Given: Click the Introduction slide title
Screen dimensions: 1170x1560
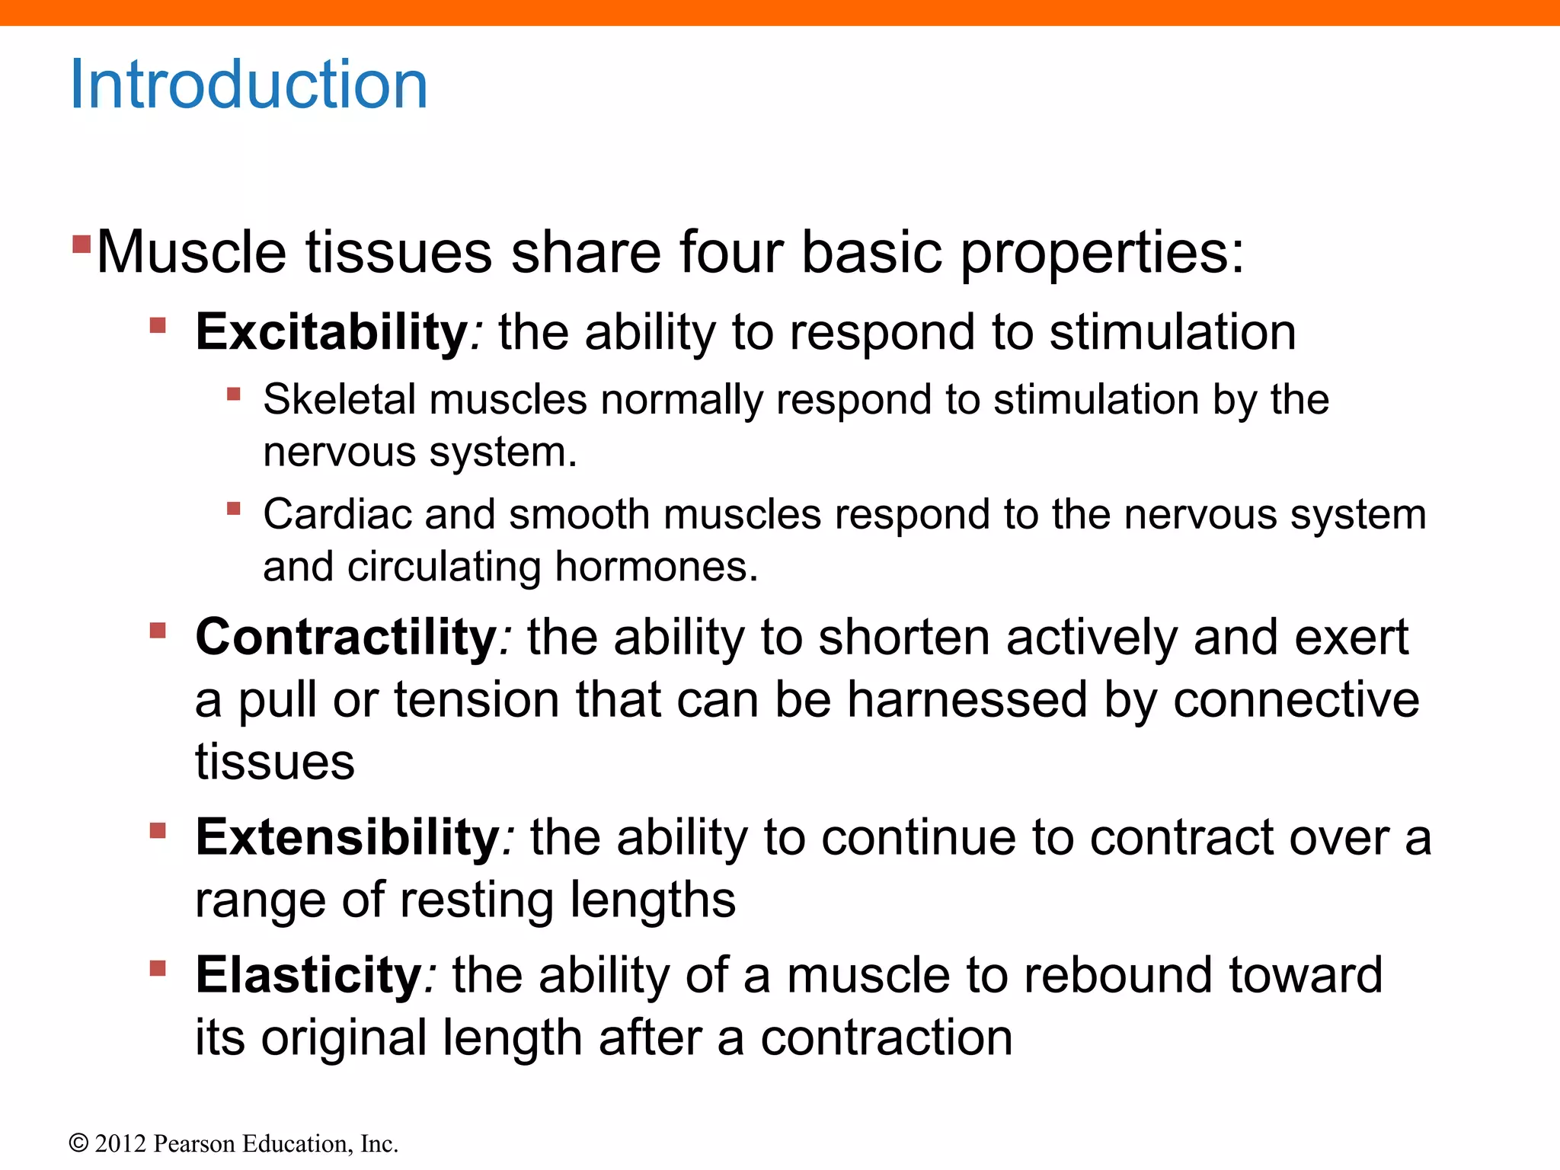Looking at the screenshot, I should point(248,85).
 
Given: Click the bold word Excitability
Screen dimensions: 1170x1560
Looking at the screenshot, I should point(332,333).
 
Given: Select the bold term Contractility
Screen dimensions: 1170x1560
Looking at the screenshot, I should point(347,637).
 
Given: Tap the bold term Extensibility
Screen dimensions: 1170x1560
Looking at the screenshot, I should point(347,837).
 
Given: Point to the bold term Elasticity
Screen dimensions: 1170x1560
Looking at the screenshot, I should point(308,975).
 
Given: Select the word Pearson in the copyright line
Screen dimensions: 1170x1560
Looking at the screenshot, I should point(194,1144).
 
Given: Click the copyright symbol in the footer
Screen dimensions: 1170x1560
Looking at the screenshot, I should point(78,1144).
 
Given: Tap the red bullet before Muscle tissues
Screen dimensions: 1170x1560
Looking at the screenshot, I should point(82,244).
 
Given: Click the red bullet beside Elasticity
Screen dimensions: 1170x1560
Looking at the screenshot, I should point(158,968).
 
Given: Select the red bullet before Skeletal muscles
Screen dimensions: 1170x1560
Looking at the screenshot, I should point(234,394).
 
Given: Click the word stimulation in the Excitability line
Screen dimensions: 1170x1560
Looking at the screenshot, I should point(1172,333).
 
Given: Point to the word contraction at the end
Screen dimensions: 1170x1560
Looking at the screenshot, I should point(887,1037).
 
